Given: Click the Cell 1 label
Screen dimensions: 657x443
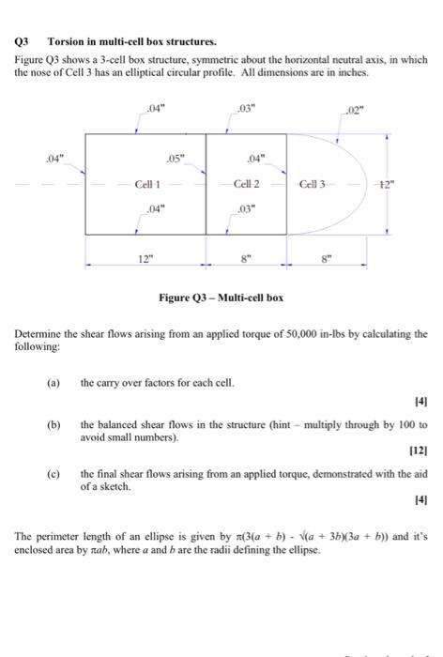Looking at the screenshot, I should pos(148,185).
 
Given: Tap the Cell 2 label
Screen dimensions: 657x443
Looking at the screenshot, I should pos(247,185).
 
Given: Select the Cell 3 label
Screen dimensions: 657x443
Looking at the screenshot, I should pos(313,185).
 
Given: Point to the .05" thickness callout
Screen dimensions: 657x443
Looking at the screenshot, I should pos(176,157).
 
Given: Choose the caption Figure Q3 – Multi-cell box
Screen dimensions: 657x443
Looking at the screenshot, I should pos(221,298).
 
